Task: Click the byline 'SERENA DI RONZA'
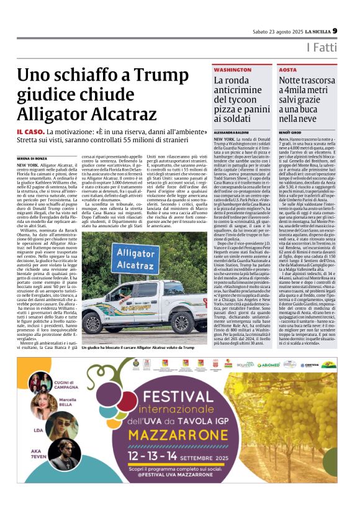coord(31,159)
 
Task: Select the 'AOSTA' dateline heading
coord(288,70)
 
